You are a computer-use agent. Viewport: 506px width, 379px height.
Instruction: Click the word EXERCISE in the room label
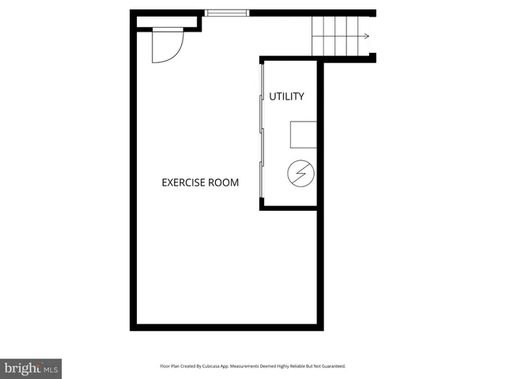click(x=184, y=182)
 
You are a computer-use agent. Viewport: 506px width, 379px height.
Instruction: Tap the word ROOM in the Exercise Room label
click(x=224, y=182)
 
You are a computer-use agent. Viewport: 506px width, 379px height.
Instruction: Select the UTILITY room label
click(x=286, y=96)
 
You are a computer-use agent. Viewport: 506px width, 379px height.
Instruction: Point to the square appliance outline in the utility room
click(x=303, y=134)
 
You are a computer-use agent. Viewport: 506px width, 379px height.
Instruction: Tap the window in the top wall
click(x=227, y=13)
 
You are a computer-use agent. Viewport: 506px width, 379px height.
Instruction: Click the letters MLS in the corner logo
click(x=50, y=369)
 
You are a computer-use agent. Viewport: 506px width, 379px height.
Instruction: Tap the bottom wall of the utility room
click(x=289, y=208)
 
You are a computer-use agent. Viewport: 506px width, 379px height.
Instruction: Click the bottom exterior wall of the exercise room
click(x=227, y=327)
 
